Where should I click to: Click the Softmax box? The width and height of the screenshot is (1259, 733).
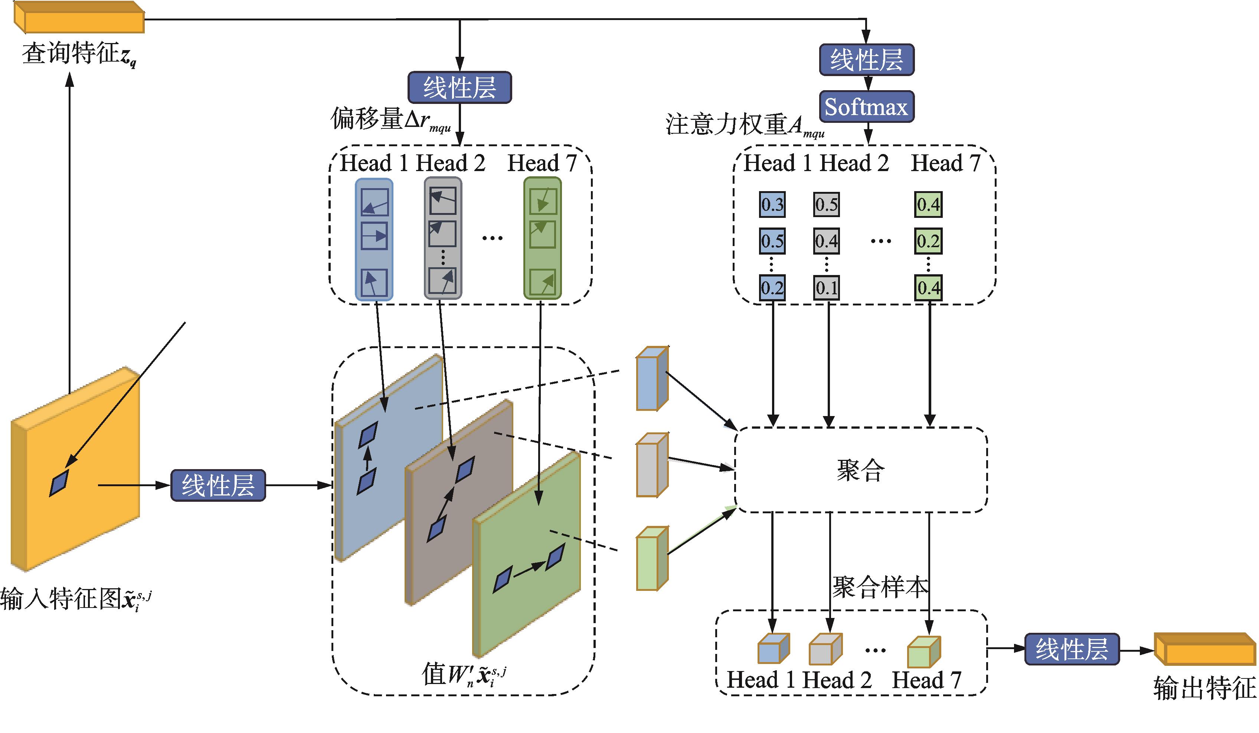(x=866, y=107)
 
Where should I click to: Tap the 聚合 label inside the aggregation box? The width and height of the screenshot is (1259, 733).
(x=860, y=470)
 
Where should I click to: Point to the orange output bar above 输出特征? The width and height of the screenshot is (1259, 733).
(x=1205, y=649)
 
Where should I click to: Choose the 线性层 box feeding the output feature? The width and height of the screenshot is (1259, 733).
(x=1072, y=649)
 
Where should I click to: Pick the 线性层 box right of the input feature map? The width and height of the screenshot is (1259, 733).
(x=218, y=485)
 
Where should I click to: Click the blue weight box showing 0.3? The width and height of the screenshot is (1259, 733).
(x=772, y=204)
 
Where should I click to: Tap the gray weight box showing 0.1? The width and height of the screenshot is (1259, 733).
(x=826, y=288)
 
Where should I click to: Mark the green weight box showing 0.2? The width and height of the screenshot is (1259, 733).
(x=928, y=241)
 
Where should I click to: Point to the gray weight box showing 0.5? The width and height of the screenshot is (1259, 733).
(x=826, y=204)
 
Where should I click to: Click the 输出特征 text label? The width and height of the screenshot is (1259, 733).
(x=1204, y=688)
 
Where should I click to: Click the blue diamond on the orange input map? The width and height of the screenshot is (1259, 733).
(x=59, y=483)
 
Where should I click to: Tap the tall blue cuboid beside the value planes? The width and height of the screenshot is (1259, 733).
(x=652, y=378)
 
